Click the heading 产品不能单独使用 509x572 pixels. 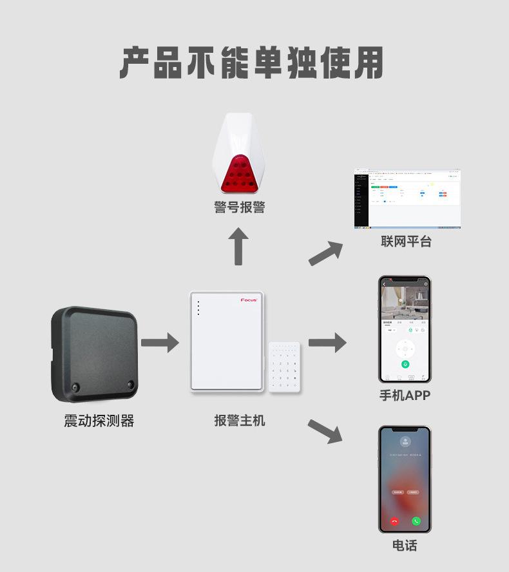[251, 63]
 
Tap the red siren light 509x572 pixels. [239, 175]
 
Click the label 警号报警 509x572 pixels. [239, 207]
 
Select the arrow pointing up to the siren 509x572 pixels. [238, 247]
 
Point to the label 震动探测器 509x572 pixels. [99, 421]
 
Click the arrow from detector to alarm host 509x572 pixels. [160, 343]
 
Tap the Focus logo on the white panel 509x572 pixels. [249, 300]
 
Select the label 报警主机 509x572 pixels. [239, 421]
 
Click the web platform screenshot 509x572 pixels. [407, 199]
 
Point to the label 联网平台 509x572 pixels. [406, 242]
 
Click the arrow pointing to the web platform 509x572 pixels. [326, 253]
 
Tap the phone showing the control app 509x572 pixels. [405, 329]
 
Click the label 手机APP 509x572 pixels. [405, 395]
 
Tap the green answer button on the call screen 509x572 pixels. [416, 521]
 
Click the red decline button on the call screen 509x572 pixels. [394, 521]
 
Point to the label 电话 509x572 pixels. [405, 546]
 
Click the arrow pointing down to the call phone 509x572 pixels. [325, 431]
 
